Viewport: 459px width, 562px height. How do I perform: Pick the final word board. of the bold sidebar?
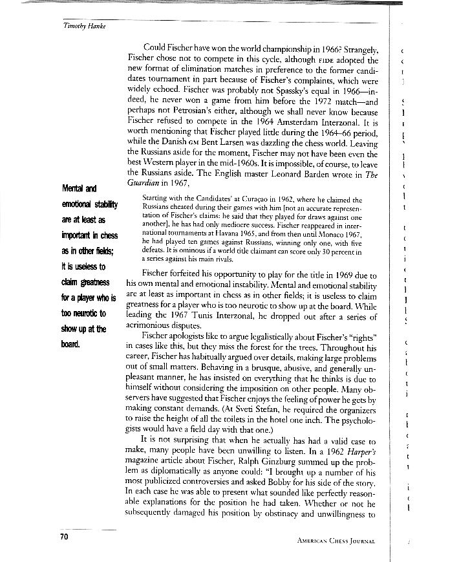[70, 344]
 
